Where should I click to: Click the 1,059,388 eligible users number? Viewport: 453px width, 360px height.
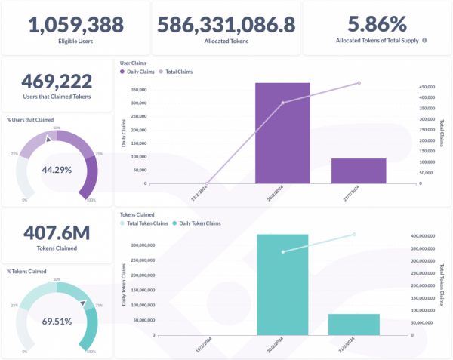[x=75, y=24]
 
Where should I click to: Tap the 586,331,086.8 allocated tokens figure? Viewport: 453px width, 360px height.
[x=226, y=24]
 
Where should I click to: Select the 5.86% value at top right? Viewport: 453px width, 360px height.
[x=376, y=23]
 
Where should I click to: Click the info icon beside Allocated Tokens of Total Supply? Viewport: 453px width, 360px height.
[x=424, y=41]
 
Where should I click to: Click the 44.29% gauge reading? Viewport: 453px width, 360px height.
[x=57, y=170]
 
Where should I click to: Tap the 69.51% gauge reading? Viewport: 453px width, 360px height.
[x=57, y=321]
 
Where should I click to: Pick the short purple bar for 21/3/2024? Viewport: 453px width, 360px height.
[x=359, y=171]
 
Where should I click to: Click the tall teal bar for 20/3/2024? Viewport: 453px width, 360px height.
[x=282, y=285]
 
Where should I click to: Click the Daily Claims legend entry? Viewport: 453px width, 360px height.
[x=137, y=72]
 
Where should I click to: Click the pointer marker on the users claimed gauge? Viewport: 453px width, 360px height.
[x=49, y=139]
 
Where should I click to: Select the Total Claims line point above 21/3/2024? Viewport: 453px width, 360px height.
[x=359, y=83]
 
